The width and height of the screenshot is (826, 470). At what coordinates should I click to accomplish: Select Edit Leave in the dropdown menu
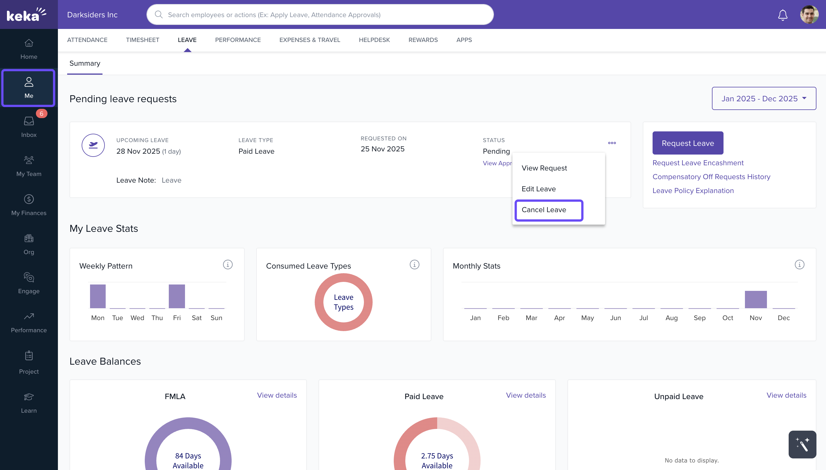click(x=538, y=189)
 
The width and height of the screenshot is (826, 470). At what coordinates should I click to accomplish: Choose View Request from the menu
click(x=544, y=168)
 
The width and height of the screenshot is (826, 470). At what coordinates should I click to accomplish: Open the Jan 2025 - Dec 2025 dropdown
click(x=763, y=98)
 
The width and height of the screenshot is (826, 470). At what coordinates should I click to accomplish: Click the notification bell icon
click(x=782, y=15)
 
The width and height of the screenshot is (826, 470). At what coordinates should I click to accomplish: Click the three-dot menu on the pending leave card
click(x=611, y=143)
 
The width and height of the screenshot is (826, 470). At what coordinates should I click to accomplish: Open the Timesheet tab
click(x=142, y=40)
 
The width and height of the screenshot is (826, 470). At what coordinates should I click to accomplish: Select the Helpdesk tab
click(x=374, y=40)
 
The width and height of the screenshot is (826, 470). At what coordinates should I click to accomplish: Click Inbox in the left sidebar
click(x=29, y=127)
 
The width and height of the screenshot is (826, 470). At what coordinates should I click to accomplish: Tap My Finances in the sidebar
click(x=29, y=205)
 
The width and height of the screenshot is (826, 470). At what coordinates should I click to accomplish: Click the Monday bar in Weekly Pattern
click(x=98, y=296)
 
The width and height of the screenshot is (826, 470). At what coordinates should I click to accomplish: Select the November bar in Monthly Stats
click(x=755, y=300)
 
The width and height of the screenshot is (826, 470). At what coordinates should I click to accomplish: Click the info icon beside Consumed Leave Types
click(x=414, y=265)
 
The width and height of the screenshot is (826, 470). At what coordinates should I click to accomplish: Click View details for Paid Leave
click(x=525, y=395)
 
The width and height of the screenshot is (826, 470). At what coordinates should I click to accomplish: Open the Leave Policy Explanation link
click(x=693, y=191)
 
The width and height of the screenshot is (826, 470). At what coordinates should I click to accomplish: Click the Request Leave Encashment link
click(x=697, y=163)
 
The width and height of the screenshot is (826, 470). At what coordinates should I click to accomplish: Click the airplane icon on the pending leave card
click(x=93, y=145)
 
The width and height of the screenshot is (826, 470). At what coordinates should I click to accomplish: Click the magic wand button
click(x=802, y=444)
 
